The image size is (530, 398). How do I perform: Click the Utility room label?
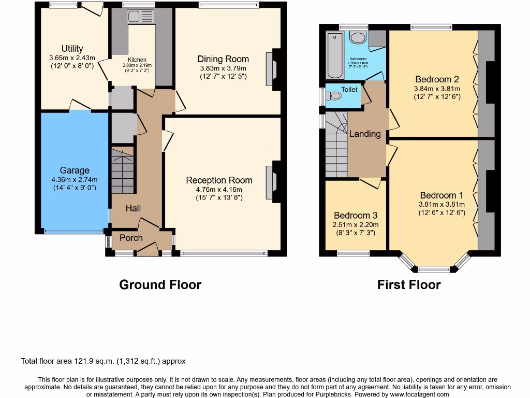coord(72,49)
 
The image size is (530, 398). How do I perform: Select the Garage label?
coord(74,170)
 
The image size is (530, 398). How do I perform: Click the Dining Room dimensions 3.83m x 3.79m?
coord(223,68)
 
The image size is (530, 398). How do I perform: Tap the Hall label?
coord(133,208)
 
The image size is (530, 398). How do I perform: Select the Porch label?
coord(131,238)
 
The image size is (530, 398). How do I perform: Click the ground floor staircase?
coord(122,171)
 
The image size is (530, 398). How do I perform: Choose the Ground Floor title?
coord(160,285)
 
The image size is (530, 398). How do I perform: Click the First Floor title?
coord(409,285)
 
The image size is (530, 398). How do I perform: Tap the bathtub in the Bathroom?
coord(336,54)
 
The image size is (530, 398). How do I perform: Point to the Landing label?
coord(365,134)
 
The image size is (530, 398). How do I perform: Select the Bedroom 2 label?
coord(437,79)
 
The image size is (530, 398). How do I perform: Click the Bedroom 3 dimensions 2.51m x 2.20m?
coord(356,224)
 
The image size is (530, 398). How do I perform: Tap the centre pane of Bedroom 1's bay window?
coord(434,269)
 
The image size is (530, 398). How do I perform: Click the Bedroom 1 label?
coord(441,195)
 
